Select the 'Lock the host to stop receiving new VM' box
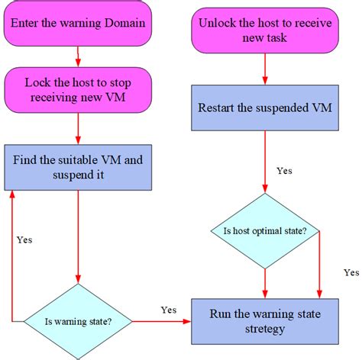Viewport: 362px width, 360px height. click(79, 89)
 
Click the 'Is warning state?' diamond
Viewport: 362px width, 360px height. click(79, 321)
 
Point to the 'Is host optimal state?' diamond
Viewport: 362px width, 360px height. click(264, 230)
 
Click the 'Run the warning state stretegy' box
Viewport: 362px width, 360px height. click(264, 321)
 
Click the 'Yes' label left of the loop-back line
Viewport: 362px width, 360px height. click(24, 239)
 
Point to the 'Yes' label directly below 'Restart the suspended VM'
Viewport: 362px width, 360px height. click(284, 170)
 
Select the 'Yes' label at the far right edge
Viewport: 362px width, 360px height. click(351, 272)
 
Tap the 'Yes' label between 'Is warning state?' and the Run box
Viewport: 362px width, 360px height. click(169, 310)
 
